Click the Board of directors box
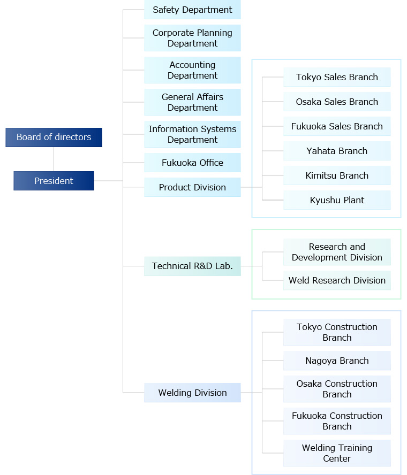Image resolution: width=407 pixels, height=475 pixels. point(54,137)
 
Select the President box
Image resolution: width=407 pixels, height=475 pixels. point(54,181)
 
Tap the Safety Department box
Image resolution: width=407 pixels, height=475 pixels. point(192,10)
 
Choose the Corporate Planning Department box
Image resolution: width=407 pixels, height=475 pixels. point(192,38)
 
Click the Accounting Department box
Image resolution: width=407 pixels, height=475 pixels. point(192,70)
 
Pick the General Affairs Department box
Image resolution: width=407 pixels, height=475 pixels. point(192,102)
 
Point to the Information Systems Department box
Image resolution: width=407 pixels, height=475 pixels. point(192,134)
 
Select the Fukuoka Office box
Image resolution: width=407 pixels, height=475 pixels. point(192,163)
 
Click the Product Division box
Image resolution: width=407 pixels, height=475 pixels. point(192,187)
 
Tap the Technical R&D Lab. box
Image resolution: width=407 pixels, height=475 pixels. point(192,266)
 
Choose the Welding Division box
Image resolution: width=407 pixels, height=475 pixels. point(192,393)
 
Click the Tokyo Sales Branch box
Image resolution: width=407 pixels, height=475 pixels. point(337,77)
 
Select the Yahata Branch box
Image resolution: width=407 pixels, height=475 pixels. point(337,151)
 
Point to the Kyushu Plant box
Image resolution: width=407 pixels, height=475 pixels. point(337,200)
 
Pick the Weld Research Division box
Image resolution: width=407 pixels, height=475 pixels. point(337,280)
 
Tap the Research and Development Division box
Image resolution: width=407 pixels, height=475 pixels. point(337,252)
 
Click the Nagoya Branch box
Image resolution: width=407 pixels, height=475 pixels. point(337,361)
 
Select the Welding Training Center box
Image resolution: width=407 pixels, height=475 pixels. point(337,453)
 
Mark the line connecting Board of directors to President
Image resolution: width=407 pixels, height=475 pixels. point(54,159)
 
